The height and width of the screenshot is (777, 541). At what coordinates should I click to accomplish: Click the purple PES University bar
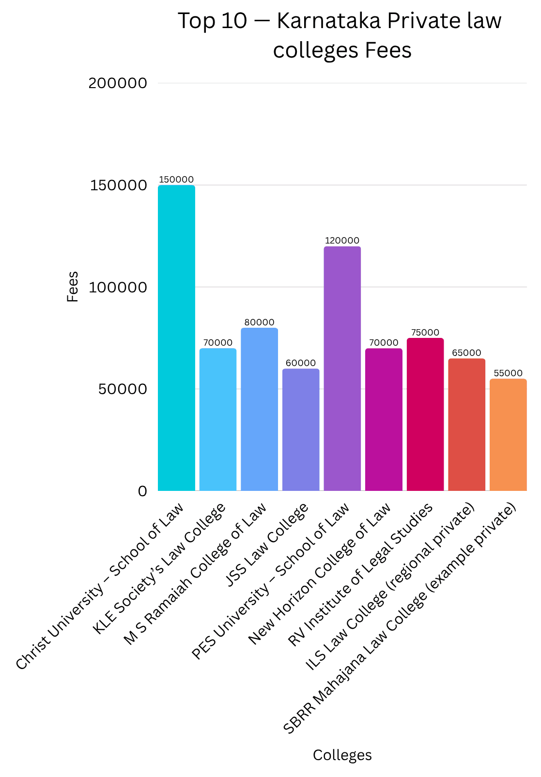pos(342,368)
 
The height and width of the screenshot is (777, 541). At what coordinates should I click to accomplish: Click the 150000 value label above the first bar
pos(176,180)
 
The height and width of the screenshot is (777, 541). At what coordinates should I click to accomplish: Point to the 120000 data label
pos(342,241)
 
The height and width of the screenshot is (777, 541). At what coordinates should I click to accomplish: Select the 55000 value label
pos(508,373)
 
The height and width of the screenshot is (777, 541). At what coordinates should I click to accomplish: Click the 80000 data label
pos(259,322)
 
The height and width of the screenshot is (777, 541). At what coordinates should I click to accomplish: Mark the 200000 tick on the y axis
pos(118,83)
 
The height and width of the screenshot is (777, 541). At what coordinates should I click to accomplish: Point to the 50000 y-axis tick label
pos(123,389)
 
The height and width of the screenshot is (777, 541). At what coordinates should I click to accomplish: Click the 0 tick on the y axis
pos(142,491)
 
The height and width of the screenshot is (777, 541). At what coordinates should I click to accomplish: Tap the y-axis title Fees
pos(73,287)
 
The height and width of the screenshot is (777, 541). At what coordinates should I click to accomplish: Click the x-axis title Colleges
pos(342,755)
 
